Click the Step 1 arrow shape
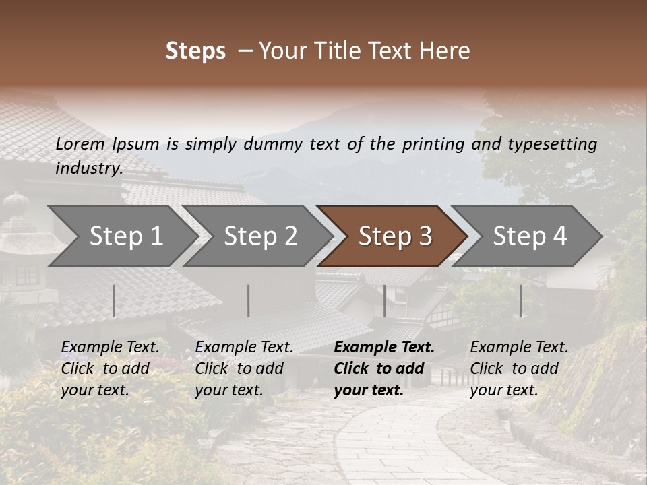click(125, 236)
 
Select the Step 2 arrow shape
click(260, 236)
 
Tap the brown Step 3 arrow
click(395, 236)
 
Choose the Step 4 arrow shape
click(530, 236)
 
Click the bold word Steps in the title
click(195, 51)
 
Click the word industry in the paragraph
click(88, 168)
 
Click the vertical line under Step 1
click(114, 300)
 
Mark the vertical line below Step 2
click(249, 300)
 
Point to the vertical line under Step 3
click(384, 300)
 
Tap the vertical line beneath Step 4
click(520, 300)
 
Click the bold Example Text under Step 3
click(384, 348)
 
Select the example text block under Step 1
click(110, 368)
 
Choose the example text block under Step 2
click(244, 368)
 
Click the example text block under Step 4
click(519, 368)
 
